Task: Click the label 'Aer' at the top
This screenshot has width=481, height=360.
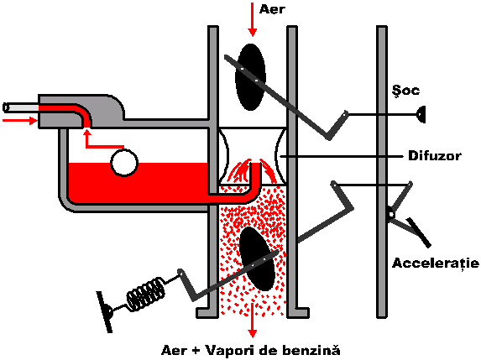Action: (272, 9)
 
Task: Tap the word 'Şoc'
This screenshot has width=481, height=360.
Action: (405, 90)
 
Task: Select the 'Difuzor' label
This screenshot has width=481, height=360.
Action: (434, 156)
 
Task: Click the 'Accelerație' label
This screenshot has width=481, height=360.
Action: (436, 263)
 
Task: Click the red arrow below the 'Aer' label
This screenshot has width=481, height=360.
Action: (253, 19)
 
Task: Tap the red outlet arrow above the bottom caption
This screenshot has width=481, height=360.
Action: (253, 320)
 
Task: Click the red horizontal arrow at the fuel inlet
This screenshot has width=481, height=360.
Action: (20, 120)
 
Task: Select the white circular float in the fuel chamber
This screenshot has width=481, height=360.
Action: (124, 163)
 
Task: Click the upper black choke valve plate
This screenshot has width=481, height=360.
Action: (250, 76)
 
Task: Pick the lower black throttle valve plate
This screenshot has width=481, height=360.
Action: (257, 258)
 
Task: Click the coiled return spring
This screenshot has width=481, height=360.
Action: (145, 294)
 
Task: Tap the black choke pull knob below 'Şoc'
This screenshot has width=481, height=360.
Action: (421, 114)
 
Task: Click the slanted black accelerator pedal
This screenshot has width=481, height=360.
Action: (419, 232)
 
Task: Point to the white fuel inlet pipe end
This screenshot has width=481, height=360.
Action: (6, 107)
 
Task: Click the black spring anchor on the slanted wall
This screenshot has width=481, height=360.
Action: (106, 312)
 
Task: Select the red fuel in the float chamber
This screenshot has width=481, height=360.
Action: (138, 183)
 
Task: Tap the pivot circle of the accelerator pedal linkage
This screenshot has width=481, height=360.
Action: (391, 213)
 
